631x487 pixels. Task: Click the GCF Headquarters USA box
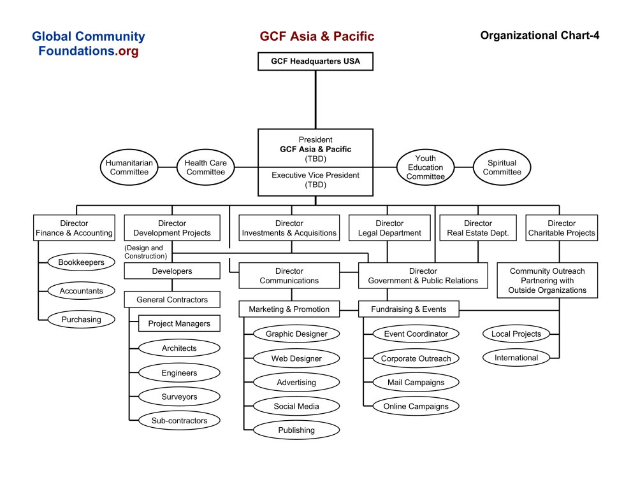click(315, 62)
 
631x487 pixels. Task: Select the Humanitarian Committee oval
click(129, 167)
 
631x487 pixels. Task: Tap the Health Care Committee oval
click(205, 167)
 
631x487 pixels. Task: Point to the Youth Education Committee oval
click(425, 167)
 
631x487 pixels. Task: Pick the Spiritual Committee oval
click(502, 167)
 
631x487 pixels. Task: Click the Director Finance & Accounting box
click(74, 228)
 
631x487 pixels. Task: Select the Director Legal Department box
click(389, 228)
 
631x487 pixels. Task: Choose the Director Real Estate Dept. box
click(478, 228)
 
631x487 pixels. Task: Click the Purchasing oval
click(82, 320)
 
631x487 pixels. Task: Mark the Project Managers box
click(179, 323)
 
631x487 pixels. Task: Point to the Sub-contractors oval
click(179, 420)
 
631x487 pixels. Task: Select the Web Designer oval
click(296, 358)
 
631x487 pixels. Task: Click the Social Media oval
click(296, 406)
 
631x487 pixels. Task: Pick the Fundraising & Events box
click(409, 309)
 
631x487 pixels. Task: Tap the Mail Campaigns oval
click(416, 383)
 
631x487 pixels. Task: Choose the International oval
click(516, 358)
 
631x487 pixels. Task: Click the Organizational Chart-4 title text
click(539, 36)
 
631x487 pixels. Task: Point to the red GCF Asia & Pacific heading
click(317, 36)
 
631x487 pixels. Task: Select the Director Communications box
click(289, 276)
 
